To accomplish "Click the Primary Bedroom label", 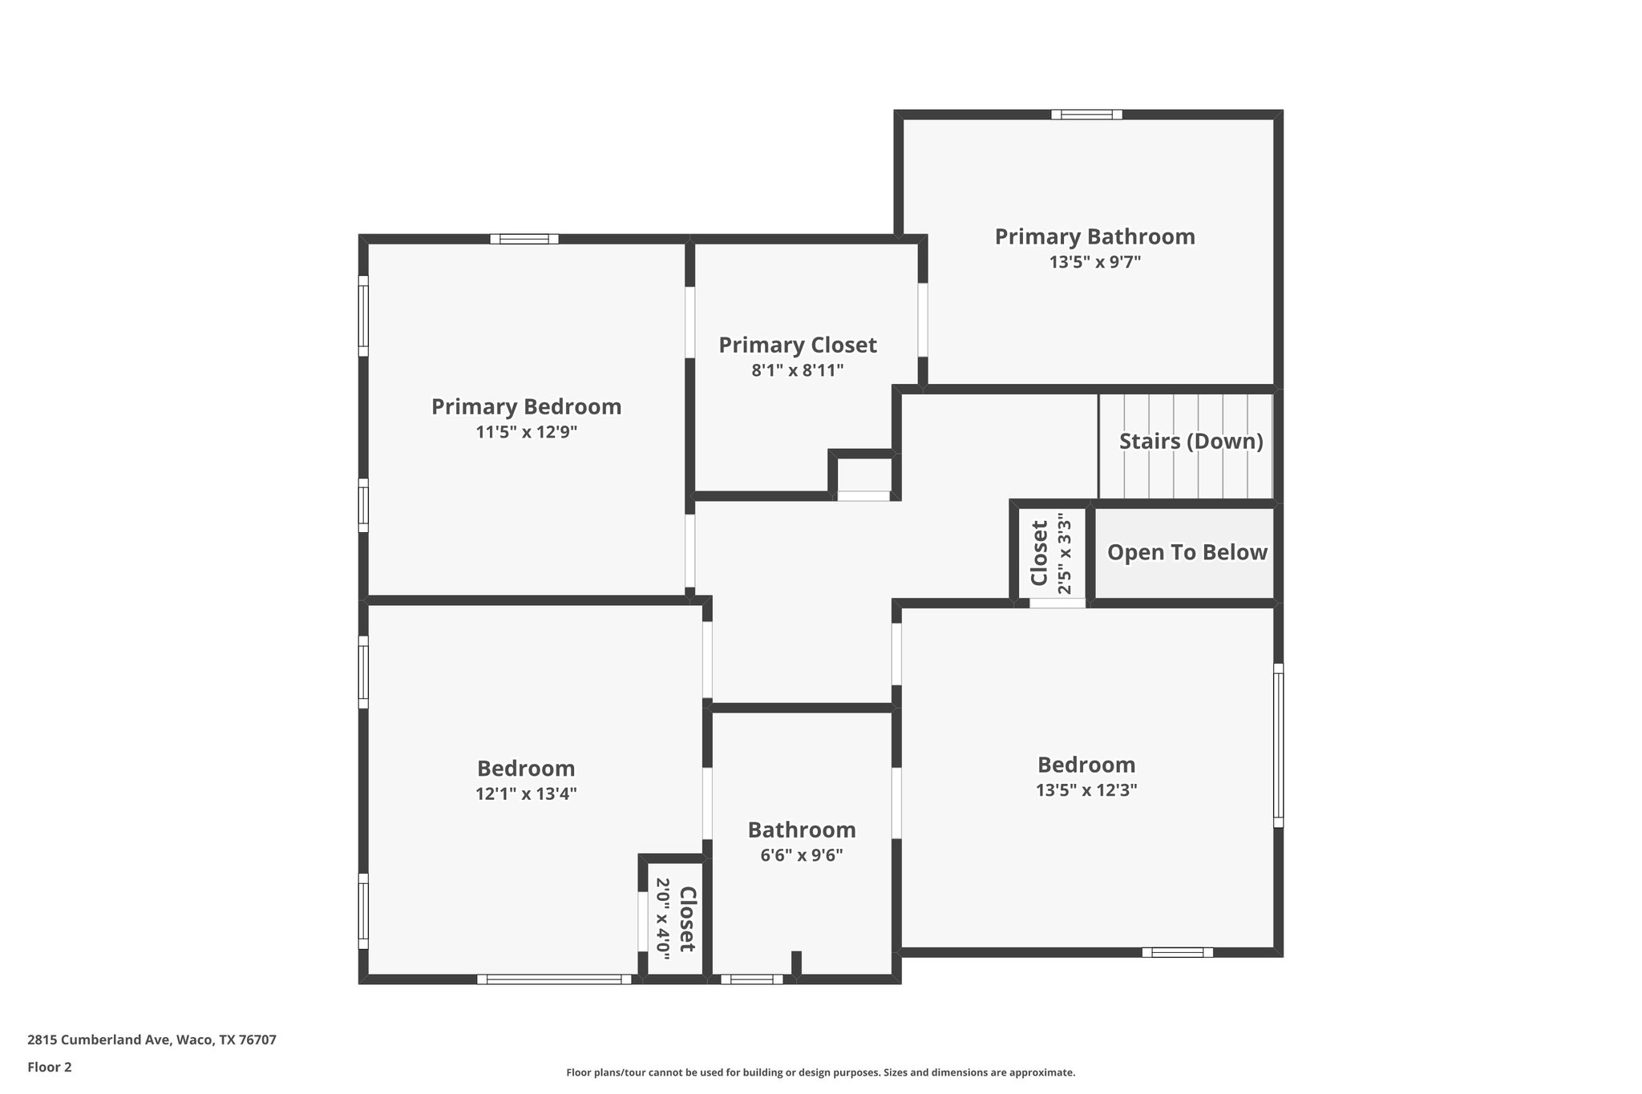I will pyautogui.click(x=526, y=407).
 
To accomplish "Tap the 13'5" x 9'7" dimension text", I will pyautogui.click(x=1094, y=262).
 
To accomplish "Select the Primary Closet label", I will pyautogui.click(x=797, y=345).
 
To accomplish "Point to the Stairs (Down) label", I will pyautogui.click(x=1191, y=442).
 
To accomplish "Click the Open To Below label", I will pyautogui.click(x=1187, y=552).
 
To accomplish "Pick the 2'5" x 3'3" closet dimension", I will pyautogui.click(x=1064, y=553).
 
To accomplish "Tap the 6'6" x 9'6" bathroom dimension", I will pyautogui.click(x=801, y=855).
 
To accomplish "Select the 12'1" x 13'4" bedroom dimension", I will pyautogui.click(x=526, y=793).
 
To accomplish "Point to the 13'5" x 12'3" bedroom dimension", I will pyautogui.click(x=1086, y=790).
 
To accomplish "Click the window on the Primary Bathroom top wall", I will pyautogui.click(x=1086, y=115).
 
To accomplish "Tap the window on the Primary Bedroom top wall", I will pyautogui.click(x=524, y=239).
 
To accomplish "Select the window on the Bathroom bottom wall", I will pyautogui.click(x=751, y=979).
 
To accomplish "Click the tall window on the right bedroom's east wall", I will pyautogui.click(x=1278, y=745).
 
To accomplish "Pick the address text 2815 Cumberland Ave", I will pyautogui.click(x=152, y=1040).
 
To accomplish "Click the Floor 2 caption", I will pyautogui.click(x=50, y=1067).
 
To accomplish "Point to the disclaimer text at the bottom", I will pyautogui.click(x=820, y=1072).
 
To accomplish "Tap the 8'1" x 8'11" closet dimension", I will pyautogui.click(x=797, y=370).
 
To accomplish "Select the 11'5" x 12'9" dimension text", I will pyautogui.click(x=526, y=433).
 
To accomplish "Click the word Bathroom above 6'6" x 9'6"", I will pyautogui.click(x=801, y=830).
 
